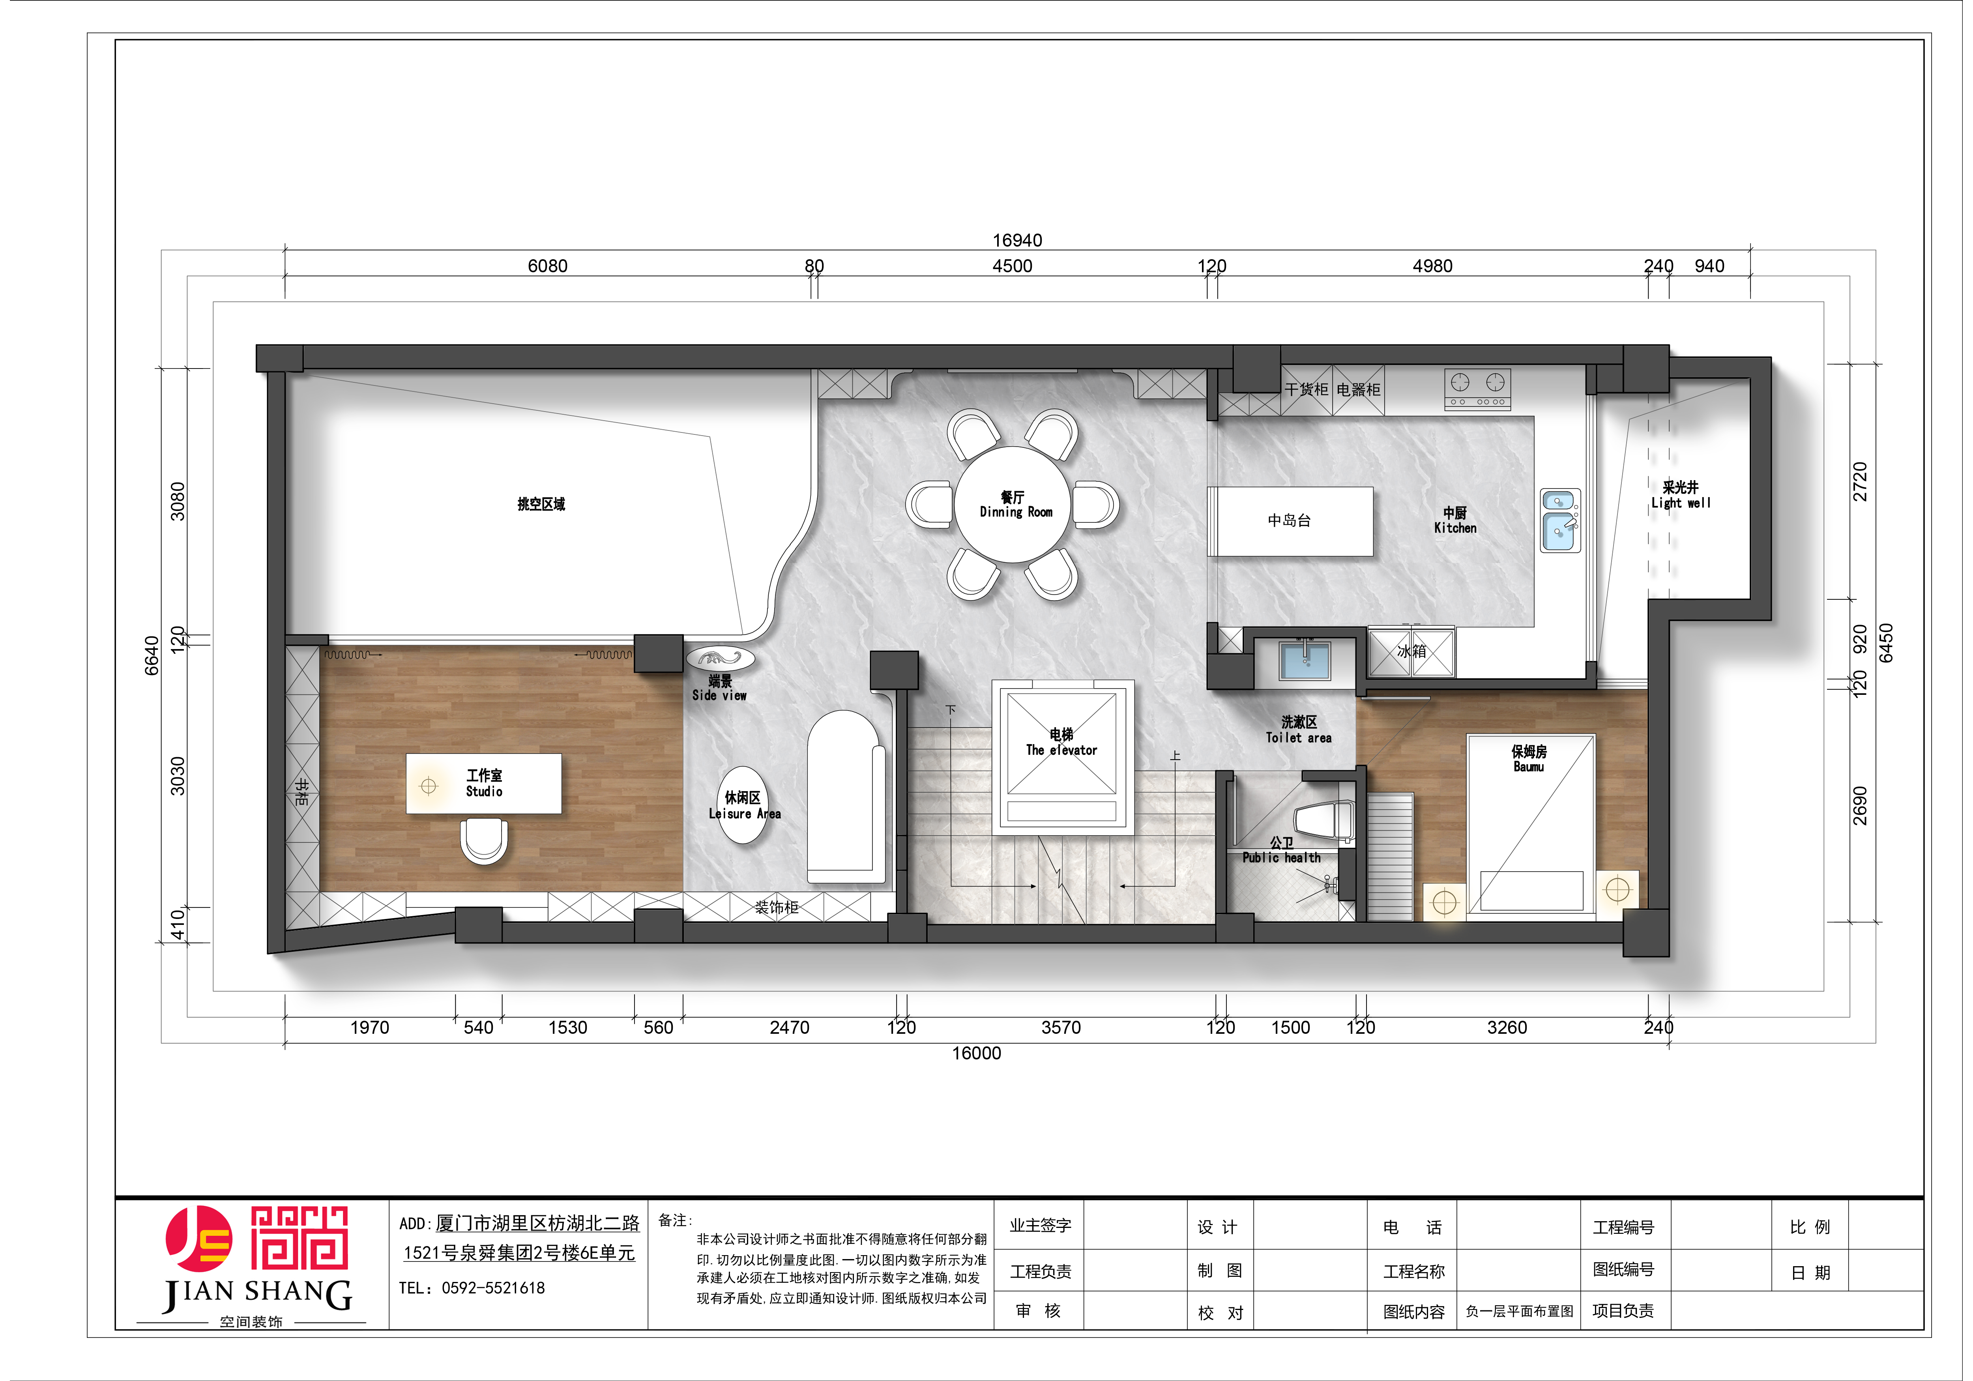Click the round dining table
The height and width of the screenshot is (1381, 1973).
pyautogui.click(x=1013, y=504)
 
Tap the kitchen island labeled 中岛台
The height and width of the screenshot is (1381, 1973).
pyautogui.click(x=1290, y=521)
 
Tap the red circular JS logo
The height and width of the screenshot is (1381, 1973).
pyautogui.click(x=198, y=1238)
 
